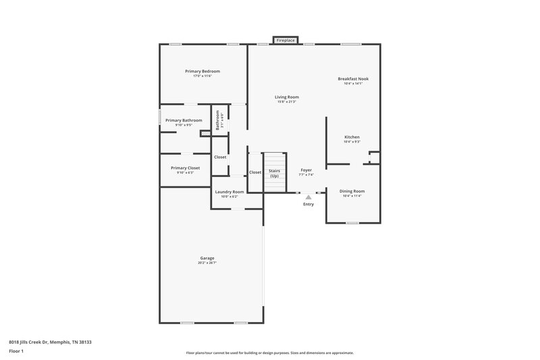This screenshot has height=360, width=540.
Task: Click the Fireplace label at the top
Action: (286, 41)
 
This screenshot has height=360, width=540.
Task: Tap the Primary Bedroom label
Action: (202, 71)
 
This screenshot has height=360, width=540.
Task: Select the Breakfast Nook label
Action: (353, 78)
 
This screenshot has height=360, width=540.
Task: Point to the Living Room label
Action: (288, 97)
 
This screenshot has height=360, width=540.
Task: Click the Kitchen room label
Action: (352, 137)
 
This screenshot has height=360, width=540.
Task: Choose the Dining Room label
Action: (352, 191)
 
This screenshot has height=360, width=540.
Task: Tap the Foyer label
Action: (306, 170)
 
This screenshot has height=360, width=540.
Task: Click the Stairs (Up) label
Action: (274, 173)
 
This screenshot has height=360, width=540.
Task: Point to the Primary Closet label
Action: (185, 168)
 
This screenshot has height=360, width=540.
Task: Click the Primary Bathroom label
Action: (184, 120)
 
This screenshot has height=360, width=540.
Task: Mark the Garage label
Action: (207, 257)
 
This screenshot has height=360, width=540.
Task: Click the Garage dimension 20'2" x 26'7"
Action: (207, 262)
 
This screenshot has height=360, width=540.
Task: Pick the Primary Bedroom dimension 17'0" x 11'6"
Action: (202, 76)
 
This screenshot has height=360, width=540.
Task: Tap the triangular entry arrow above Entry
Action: (308, 197)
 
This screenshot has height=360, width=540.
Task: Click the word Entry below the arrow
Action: (308, 204)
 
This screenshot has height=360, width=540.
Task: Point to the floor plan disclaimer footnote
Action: (269, 353)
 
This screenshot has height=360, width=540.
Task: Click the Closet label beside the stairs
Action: (255, 172)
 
